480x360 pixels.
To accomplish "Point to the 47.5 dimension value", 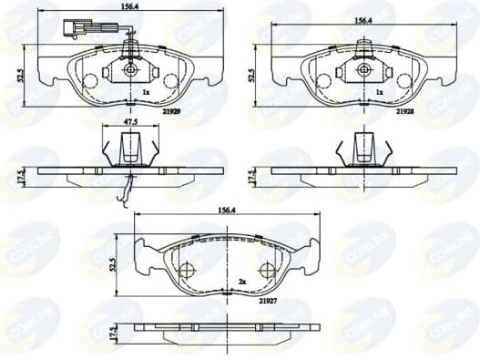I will pyautogui.click(x=130, y=121).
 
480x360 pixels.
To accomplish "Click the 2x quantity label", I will pyautogui.click(x=241, y=282).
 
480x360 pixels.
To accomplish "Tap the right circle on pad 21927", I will pyautogui.click(x=267, y=270).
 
